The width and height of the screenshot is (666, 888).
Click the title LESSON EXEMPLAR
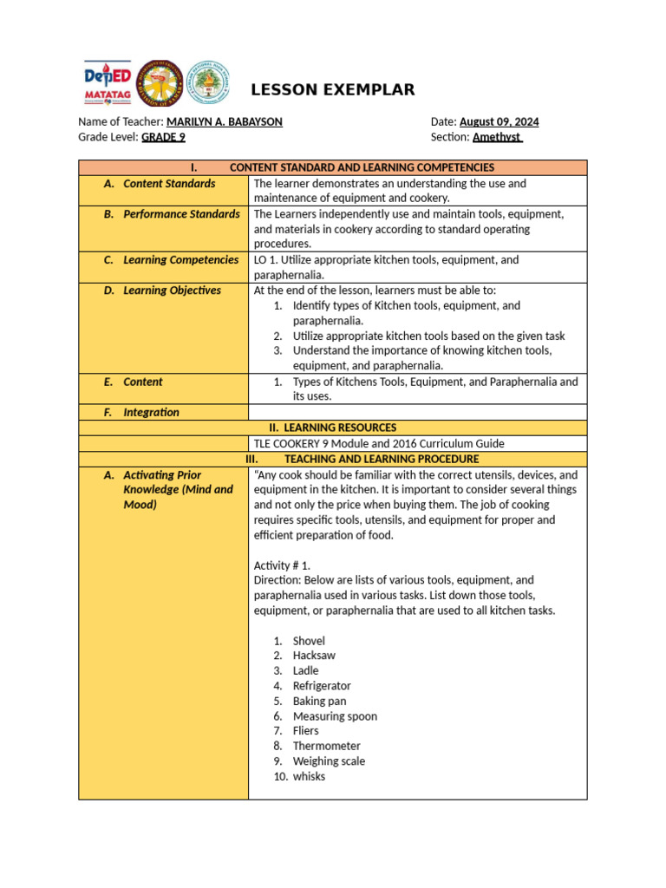(333, 90)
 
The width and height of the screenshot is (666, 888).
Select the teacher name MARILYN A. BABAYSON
(224, 122)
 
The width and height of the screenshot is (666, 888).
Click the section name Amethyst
(497, 137)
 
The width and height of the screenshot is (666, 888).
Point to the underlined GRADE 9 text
(163, 137)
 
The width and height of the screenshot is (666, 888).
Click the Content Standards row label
(169, 184)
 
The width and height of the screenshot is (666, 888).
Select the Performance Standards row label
(181, 214)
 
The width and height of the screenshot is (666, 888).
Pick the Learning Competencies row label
(180, 260)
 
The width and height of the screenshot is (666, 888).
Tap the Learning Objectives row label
(172, 291)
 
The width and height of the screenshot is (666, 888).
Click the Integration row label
(151, 413)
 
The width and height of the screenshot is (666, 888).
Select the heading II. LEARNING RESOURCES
(333, 428)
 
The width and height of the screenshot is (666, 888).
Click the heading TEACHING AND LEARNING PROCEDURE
(381, 459)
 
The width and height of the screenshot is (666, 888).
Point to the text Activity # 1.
(282, 565)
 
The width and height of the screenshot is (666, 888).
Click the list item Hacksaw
(314, 656)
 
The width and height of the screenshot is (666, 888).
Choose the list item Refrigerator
(322, 686)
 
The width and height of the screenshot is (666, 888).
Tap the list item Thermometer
(326, 746)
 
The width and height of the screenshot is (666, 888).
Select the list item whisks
(309, 776)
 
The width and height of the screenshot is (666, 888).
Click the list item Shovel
(309, 641)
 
